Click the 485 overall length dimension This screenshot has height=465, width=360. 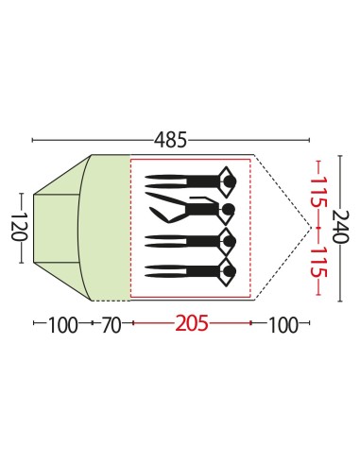point(170,140)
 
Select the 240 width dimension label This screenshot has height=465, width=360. point(340,227)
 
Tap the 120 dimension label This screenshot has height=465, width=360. point(20,227)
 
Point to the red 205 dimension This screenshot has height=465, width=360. point(192,323)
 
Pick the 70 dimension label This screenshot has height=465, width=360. point(111,325)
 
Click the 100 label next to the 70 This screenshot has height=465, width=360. point(62,325)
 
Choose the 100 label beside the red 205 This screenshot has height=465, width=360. point(283,325)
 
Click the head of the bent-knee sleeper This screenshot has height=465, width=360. point(229,209)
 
